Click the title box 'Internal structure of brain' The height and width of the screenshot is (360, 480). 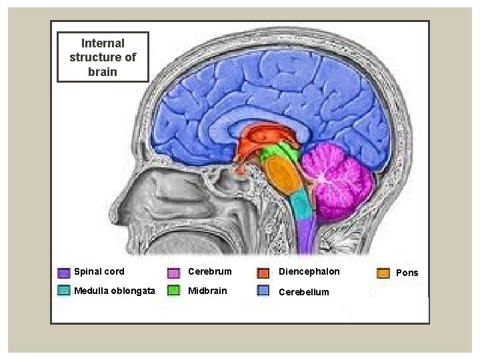[102, 57]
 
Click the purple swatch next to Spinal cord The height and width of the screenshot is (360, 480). [64, 273]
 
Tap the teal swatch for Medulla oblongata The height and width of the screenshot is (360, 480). [64, 291]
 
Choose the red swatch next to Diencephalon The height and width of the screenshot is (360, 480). [264, 273]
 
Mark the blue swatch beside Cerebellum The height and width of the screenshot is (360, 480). [264, 291]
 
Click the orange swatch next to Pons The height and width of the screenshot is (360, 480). [383, 273]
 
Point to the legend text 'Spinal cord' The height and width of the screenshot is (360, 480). [99, 272]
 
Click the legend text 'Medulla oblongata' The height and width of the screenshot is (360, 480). [115, 291]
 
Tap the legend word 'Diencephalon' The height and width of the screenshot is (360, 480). [309, 272]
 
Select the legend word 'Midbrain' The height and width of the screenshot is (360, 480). [207, 291]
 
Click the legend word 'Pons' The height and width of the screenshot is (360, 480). [407, 273]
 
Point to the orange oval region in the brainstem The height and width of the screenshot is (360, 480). [285, 177]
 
